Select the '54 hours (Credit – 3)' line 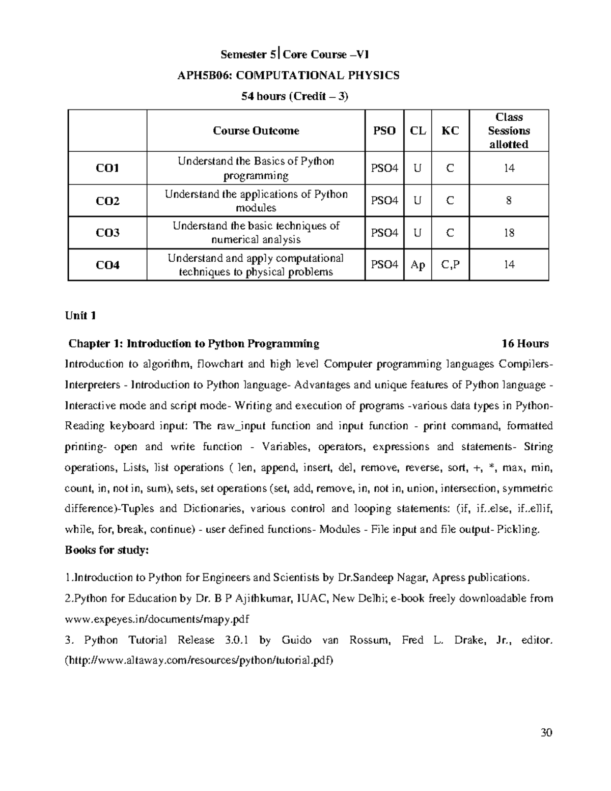point(295,96)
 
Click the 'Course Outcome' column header point(256,131)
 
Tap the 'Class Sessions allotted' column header point(509,131)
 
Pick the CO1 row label point(107,168)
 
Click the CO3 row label point(107,233)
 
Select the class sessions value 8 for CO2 point(509,201)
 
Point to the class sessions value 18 point(509,233)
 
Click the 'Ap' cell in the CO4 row point(418,265)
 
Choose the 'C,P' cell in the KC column point(450,265)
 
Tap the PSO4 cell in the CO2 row point(384,201)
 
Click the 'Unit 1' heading point(80,316)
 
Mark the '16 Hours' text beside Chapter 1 point(525,344)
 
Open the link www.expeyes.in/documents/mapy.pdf point(157,619)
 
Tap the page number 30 point(546,733)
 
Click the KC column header point(450,131)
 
